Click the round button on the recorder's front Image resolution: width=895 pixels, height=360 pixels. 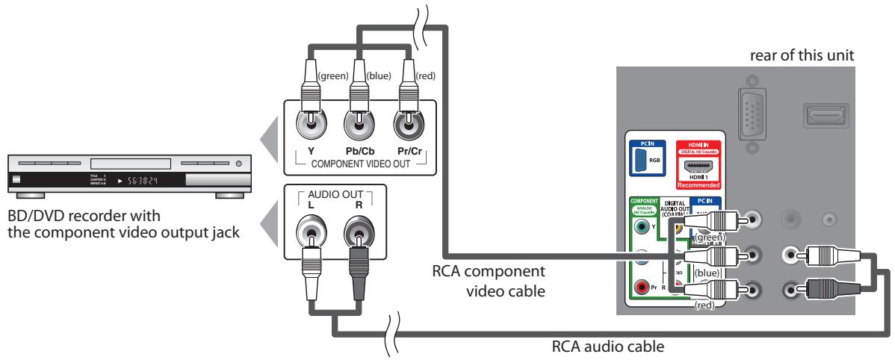point(239,163)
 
